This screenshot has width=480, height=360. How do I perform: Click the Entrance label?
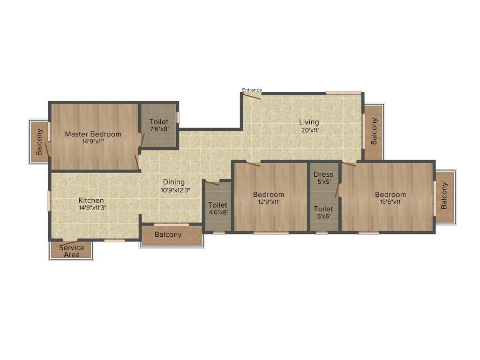pyautogui.click(x=252, y=90)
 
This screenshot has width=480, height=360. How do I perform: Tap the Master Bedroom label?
pyautogui.click(x=93, y=134)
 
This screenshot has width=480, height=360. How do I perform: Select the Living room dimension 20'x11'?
pyautogui.click(x=309, y=130)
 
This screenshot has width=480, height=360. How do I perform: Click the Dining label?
pyautogui.click(x=173, y=182)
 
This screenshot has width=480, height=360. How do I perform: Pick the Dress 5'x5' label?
pyautogui.click(x=323, y=178)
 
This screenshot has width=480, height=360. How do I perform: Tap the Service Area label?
pyautogui.click(x=72, y=251)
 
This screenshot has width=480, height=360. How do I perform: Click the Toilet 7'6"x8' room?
pyautogui.click(x=159, y=125)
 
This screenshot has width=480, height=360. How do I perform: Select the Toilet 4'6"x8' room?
pyautogui.click(x=217, y=208)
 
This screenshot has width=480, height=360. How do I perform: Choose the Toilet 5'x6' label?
pyautogui.click(x=323, y=212)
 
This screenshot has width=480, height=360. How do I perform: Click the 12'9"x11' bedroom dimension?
pyautogui.click(x=269, y=202)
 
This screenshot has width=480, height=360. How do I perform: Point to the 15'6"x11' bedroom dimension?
pyautogui.click(x=390, y=202)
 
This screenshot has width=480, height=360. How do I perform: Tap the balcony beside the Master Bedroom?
pyautogui.click(x=39, y=142)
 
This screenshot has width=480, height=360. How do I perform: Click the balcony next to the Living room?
pyautogui.click(x=374, y=131)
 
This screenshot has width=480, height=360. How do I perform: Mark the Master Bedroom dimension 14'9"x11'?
pyautogui.click(x=93, y=141)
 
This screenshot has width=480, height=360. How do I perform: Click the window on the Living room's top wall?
pyautogui.click(x=344, y=93)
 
